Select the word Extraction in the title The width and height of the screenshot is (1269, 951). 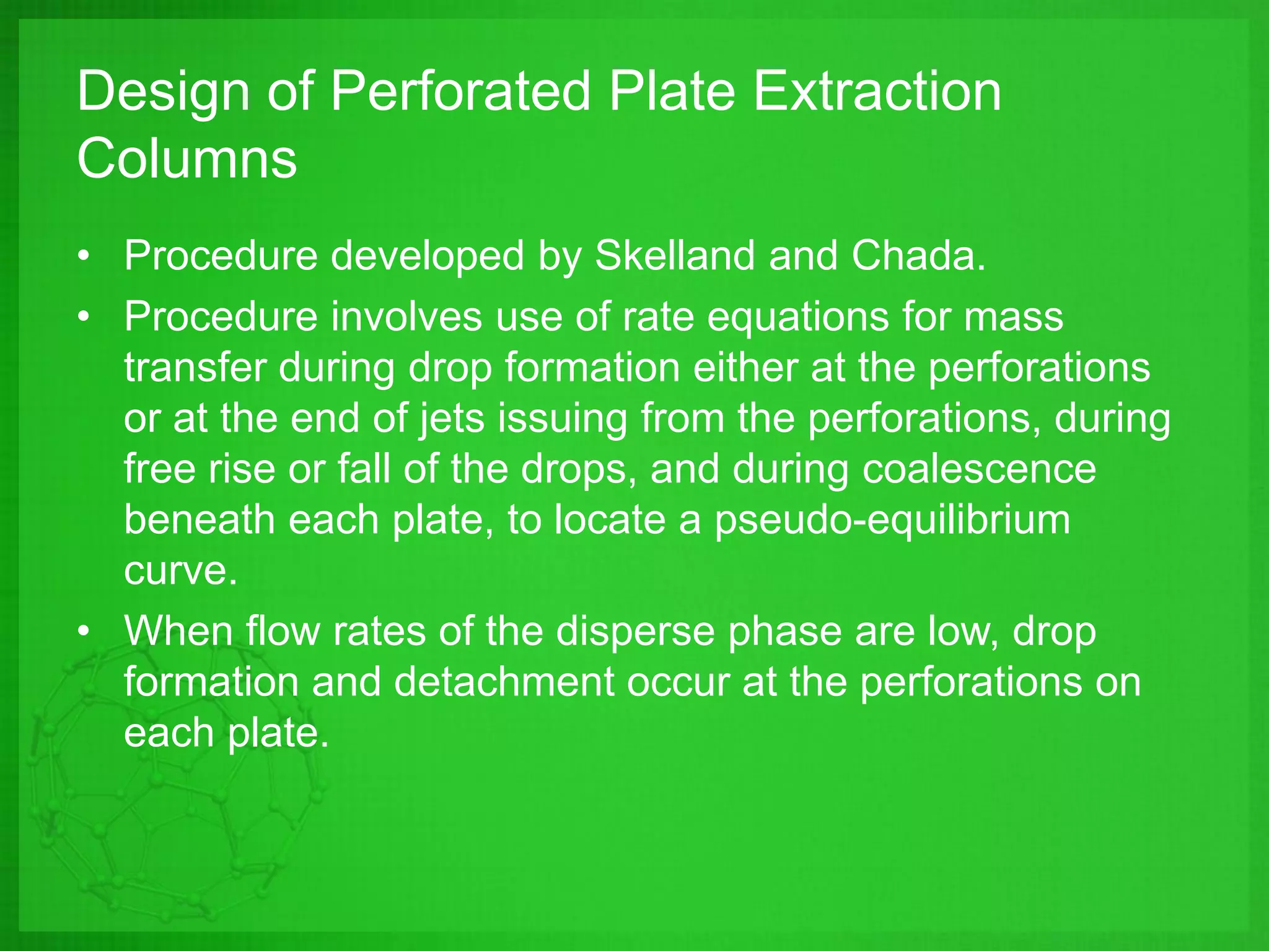click(x=877, y=92)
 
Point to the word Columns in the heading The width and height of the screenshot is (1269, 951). click(x=187, y=158)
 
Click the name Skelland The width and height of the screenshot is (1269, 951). click(x=675, y=255)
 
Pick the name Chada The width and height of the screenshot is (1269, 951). click(x=918, y=255)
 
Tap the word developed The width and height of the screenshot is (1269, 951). click(x=427, y=256)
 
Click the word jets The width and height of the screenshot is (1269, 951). click(x=451, y=419)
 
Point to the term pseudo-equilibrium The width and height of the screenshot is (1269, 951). click(x=892, y=520)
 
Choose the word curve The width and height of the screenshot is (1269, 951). click(x=180, y=570)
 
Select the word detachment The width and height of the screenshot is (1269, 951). click(x=503, y=682)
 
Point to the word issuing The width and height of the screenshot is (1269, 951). click(x=563, y=419)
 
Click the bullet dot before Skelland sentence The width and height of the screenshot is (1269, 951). click(x=84, y=256)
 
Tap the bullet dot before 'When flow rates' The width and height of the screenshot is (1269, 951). click(x=84, y=632)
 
